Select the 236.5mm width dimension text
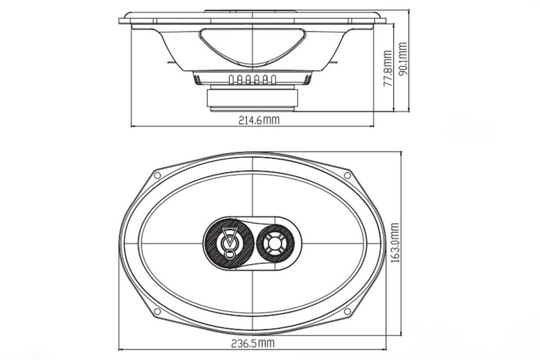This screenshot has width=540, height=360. pos(253,343)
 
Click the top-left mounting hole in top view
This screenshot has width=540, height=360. pos(157,175)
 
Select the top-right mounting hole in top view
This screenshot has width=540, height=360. pos(347,175)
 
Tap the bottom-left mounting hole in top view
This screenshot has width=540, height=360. pos(157,311)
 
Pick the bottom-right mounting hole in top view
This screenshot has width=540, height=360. pos(347,311)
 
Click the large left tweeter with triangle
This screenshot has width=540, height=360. pos(229,243)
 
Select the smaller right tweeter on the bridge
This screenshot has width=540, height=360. pos(275,243)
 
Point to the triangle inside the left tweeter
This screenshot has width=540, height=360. pos(229,238)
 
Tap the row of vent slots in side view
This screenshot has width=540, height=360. pos(252,80)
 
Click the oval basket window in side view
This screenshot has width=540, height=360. pos(252,45)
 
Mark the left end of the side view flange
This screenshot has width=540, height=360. pos(121,21)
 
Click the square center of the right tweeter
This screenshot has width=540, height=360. pos(275,243)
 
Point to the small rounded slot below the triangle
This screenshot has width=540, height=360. pos(229,255)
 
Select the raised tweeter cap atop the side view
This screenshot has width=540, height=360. pos(252,11)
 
